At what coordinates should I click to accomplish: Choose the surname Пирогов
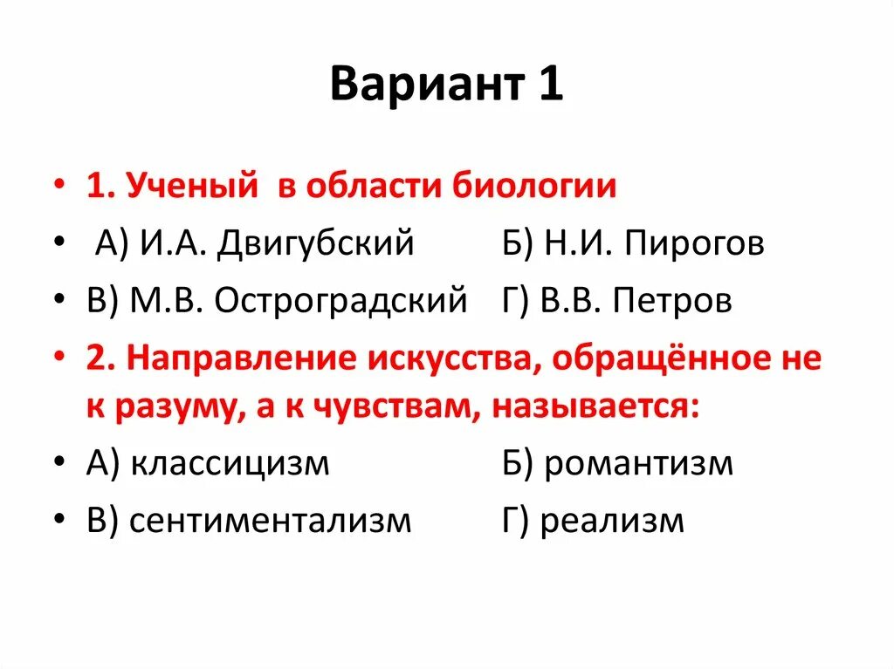694,244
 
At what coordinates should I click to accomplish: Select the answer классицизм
230,463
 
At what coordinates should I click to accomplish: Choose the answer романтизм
638,463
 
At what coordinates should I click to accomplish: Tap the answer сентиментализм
270,521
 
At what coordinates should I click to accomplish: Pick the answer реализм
612,521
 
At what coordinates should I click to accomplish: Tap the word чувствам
394,406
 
